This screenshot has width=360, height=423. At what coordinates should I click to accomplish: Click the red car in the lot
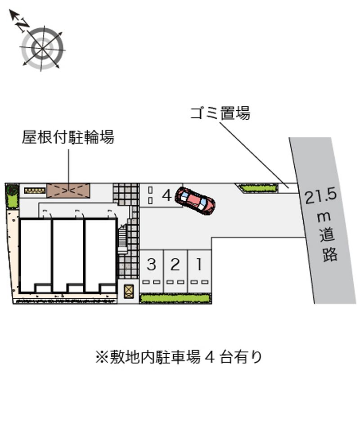click(x=195, y=201)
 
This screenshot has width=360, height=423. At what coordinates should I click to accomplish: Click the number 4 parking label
click(x=167, y=195)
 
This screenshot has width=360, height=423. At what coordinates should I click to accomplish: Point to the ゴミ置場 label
click(x=220, y=113)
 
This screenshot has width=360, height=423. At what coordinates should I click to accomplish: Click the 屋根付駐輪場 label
click(x=68, y=137)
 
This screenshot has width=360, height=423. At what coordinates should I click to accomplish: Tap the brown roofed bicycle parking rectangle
click(x=68, y=190)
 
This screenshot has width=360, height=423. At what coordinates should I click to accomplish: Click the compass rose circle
click(x=42, y=49)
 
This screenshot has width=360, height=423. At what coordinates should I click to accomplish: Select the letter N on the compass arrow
click(x=23, y=24)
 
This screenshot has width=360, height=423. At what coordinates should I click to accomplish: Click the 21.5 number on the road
click(x=320, y=197)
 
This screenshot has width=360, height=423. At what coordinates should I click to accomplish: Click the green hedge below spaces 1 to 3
click(x=175, y=299)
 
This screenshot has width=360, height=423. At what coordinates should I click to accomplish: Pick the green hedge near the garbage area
click(x=258, y=188)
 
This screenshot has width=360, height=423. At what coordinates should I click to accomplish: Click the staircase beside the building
click(x=122, y=239)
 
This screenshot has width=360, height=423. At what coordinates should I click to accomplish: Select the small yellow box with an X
click(x=129, y=291)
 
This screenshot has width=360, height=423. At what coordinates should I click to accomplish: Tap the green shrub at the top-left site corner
click(x=12, y=196)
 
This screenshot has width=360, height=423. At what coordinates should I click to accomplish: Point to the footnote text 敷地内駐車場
click(x=155, y=357)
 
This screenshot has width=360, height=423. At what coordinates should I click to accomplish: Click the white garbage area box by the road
click(x=288, y=188)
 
